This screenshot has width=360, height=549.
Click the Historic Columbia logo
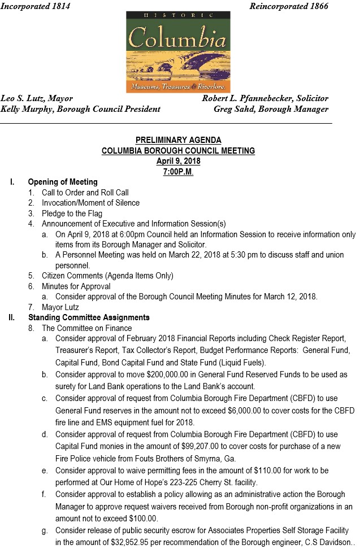178,53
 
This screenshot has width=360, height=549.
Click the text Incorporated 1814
35,6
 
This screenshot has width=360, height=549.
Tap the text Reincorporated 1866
288,6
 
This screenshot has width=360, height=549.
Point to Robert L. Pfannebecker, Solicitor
265,99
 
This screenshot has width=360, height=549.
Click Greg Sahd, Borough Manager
271,109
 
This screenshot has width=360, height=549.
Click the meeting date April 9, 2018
178,161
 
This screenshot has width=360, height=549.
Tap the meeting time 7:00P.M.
178,172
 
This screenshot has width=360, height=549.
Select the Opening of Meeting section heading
63,182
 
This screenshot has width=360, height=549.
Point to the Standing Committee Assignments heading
89,317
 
